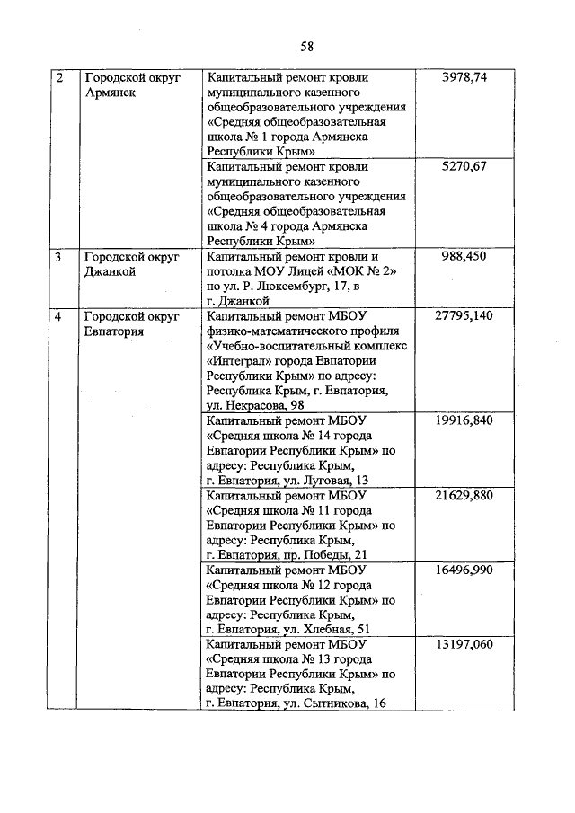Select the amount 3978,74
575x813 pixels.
464,78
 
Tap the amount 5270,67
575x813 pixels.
464,167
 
